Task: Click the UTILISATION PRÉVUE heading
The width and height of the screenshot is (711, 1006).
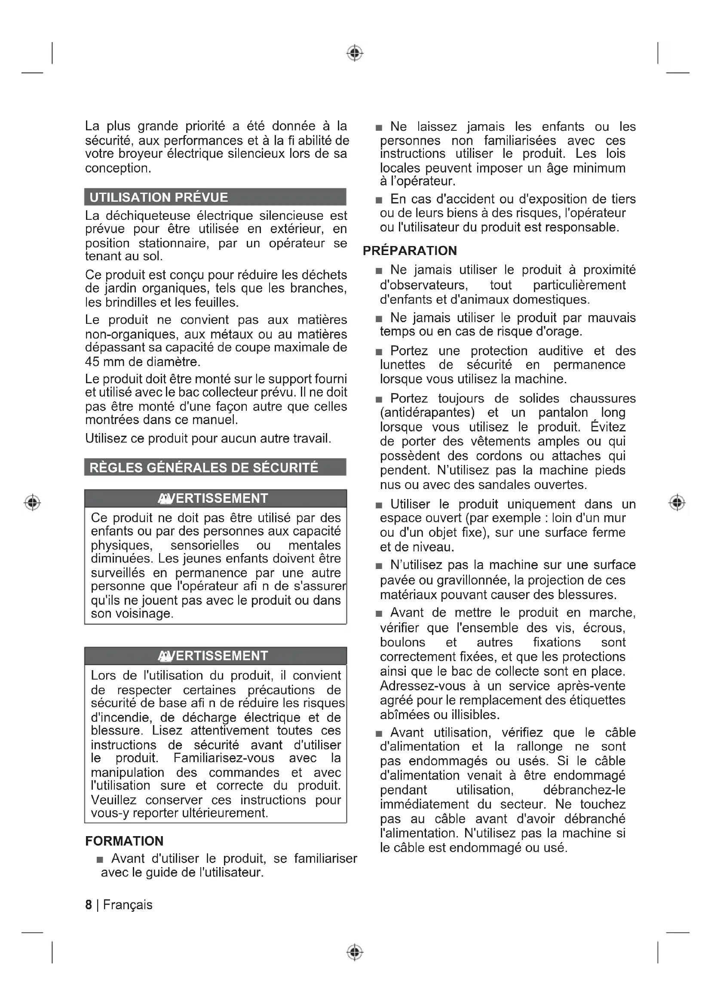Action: point(159,197)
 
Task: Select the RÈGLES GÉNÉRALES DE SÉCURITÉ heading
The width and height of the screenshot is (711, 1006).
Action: point(204,468)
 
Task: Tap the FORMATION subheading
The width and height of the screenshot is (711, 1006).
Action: point(124,841)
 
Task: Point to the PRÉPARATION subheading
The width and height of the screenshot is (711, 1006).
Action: point(410,251)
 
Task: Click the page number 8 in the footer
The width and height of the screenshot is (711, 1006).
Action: point(89,905)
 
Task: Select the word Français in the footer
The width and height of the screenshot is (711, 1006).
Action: point(128,905)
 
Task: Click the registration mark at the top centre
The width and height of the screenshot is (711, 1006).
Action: point(355,53)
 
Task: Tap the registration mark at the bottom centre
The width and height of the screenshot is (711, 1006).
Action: point(355,952)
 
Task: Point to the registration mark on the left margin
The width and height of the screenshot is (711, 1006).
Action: point(32,502)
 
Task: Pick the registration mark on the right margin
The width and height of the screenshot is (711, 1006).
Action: point(677,502)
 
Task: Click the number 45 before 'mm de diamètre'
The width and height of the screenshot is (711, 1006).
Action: point(92,362)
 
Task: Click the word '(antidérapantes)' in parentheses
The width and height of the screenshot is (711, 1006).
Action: point(427,413)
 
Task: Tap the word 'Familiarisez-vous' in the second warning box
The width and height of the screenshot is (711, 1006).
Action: point(224,758)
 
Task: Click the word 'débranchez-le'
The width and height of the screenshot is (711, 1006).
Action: point(584,790)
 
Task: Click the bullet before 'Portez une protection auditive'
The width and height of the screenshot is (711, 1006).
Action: point(379,352)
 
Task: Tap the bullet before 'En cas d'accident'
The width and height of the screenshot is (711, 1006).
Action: point(379,200)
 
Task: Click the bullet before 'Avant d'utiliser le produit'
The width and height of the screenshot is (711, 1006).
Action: point(100,860)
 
